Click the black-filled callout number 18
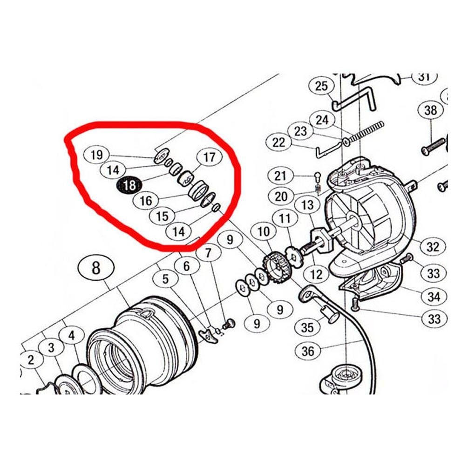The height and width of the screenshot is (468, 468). coord(129,185)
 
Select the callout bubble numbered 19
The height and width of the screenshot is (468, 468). coord(97,155)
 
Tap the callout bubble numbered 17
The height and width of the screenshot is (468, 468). coord(209,156)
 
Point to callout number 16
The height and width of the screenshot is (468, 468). coord(146,200)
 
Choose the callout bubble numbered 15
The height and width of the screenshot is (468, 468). coord(163,216)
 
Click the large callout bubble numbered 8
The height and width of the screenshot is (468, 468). coord(96,268)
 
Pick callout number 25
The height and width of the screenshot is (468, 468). coord(321,86)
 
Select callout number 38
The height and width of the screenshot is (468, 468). coord(430,110)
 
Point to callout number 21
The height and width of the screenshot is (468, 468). coord(280,176)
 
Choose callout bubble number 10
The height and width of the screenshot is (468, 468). coord(264,231)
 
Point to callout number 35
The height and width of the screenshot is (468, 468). coord(307,327)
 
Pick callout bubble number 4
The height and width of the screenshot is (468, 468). coord(72,335)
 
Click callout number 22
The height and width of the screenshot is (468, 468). coord(279,142)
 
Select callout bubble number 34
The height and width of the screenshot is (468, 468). coord(434,296)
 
